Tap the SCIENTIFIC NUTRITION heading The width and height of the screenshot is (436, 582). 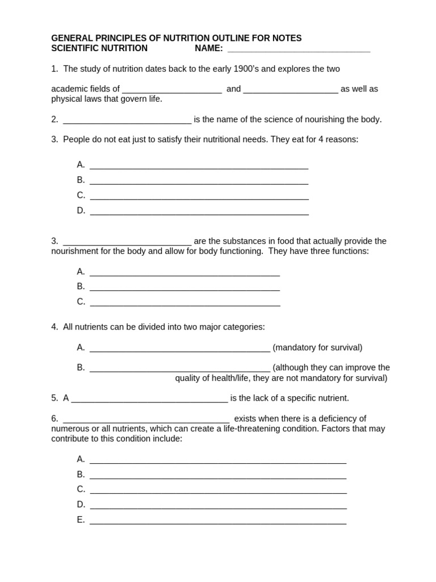coord(99,48)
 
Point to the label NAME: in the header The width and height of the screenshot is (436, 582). coord(209,48)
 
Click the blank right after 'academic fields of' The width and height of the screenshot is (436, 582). coord(172,89)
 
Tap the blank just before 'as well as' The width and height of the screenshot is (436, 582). coord(291,89)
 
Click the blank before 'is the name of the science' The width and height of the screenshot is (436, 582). coord(127,120)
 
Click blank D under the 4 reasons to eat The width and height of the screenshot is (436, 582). coord(199,211)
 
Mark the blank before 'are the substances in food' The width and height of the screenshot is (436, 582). coord(127,242)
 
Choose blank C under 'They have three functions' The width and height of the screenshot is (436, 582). coord(185,302)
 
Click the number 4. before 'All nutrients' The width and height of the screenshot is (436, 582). coord(54,327)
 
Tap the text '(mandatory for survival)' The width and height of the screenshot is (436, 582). coord(317,347)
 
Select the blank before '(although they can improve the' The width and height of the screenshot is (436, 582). coord(180,368)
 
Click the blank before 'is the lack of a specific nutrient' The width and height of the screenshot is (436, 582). coord(149,399)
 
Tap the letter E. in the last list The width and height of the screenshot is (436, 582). coord(81,519)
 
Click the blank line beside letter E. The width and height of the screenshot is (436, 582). coord(218,521)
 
